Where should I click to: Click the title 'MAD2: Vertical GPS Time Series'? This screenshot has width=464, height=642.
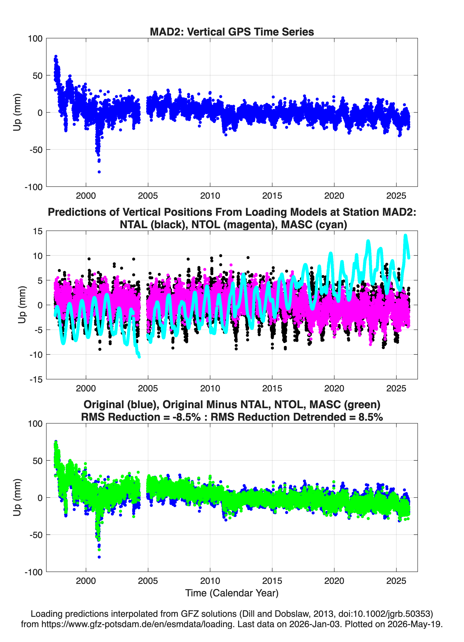point(232,32)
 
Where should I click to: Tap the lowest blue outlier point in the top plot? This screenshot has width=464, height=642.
point(99,172)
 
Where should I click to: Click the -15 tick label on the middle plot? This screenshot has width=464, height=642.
point(36,380)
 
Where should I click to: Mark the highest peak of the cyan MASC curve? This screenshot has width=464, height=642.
point(405,236)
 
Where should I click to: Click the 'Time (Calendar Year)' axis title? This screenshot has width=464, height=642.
point(232,593)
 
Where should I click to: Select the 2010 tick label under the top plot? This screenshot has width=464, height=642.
point(210,196)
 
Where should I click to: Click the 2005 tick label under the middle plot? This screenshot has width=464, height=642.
point(148,388)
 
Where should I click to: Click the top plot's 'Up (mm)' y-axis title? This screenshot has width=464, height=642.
point(17,112)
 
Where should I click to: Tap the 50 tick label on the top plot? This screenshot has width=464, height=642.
point(38,76)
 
